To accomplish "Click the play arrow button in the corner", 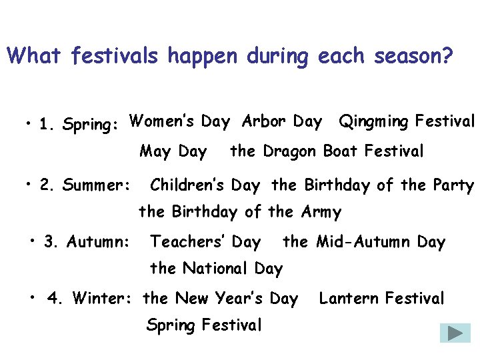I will point(455,333).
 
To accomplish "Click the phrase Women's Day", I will point(179,122).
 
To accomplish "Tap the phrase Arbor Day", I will point(281,122).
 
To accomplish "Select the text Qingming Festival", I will point(407,122).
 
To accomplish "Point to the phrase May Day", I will point(173,152).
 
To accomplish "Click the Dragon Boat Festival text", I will point(327,152).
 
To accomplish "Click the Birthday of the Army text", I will point(239,213).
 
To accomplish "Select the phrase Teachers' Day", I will point(206,242).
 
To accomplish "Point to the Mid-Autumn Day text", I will point(364,242).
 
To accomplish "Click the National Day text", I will point(216,269).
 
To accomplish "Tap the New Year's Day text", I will point(221,299).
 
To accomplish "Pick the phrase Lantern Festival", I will point(381,299).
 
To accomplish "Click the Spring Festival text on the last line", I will point(204,325).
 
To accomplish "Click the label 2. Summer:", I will point(85,185).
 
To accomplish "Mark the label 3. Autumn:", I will point(87,242).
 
